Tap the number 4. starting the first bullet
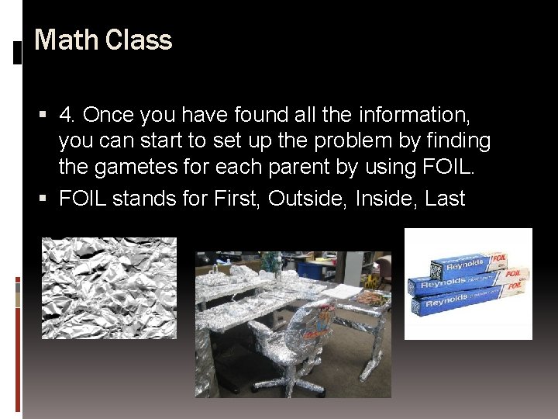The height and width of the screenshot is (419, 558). click(67, 115)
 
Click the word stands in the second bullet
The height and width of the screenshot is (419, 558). click(143, 198)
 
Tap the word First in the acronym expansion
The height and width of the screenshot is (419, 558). click(236, 198)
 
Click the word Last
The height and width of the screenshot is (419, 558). click(445, 198)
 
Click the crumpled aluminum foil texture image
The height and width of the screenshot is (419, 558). click(108, 287)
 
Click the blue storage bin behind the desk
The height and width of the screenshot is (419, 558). click(309, 269)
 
